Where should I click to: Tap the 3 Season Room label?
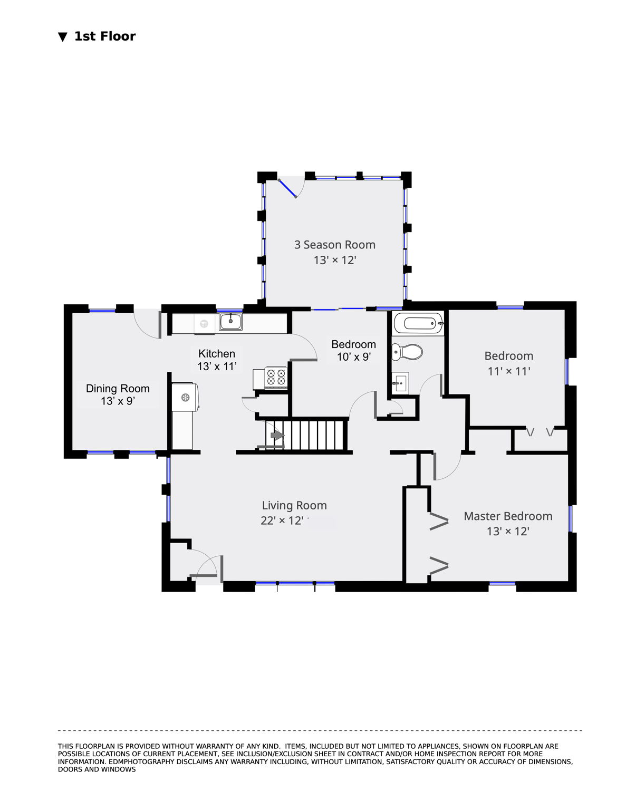pos(334,245)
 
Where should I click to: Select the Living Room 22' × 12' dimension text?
pos(282,520)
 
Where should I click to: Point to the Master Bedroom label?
pos(508,516)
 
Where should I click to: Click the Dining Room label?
pos(118,389)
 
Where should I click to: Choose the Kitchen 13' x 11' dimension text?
pos(217,367)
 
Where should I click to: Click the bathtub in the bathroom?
pos(419,323)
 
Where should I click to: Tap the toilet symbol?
pos(407,352)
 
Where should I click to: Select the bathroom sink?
pos(400,383)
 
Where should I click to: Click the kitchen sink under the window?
pos(230,321)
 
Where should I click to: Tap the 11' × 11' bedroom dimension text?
pos(508,371)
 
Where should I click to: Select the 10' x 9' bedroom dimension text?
pos(354,356)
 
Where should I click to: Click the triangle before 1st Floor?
pos(63,36)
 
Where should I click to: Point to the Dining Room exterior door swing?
pos(148,324)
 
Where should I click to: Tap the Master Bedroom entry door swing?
pos(448,466)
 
